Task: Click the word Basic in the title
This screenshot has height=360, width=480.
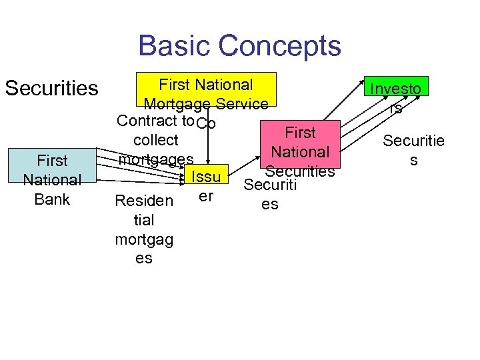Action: point(175,46)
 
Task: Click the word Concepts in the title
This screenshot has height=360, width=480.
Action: point(279,46)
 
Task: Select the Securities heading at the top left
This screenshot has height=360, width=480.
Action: point(51,88)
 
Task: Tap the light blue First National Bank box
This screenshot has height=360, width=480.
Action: point(52,179)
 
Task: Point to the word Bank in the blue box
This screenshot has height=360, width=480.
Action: point(52,198)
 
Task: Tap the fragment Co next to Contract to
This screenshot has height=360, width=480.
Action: point(207,124)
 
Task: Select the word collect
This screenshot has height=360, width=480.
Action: point(155,140)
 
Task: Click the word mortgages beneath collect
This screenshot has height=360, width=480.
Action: point(155,159)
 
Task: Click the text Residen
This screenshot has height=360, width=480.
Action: point(144,201)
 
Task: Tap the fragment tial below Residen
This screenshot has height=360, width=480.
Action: point(144,220)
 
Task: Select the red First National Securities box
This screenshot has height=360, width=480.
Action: point(300,151)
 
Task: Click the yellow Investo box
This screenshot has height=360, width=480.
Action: point(395,88)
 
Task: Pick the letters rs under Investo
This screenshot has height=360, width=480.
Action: point(396,107)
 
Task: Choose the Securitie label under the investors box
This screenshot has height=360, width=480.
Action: point(413,141)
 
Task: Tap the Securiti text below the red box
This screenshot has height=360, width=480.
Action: point(269,184)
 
